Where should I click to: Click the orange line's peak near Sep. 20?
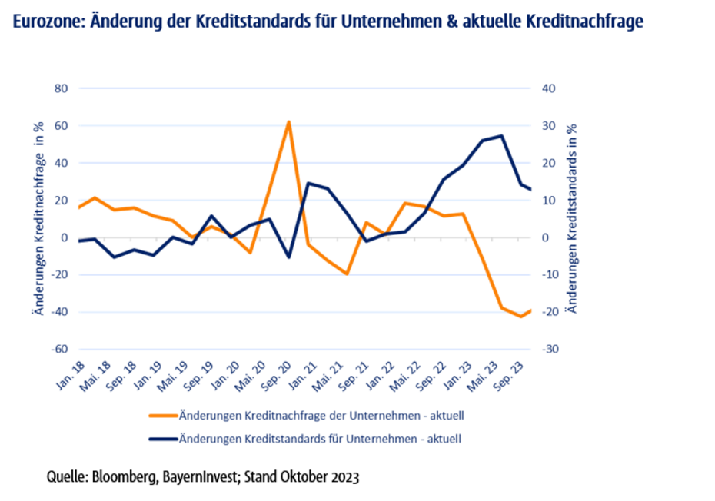[288, 121]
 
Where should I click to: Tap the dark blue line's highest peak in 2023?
[501, 136]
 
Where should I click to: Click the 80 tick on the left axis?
[62, 88]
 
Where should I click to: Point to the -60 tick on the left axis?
[59, 349]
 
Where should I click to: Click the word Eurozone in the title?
[47, 22]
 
